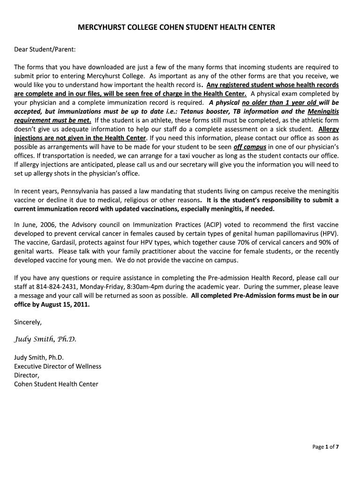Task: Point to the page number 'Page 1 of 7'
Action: click(325, 447)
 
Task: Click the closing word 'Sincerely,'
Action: click(28, 322)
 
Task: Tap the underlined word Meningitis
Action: click(323, 111)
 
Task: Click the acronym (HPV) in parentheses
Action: click(328, 233)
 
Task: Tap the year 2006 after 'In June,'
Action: click(48, 225)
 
